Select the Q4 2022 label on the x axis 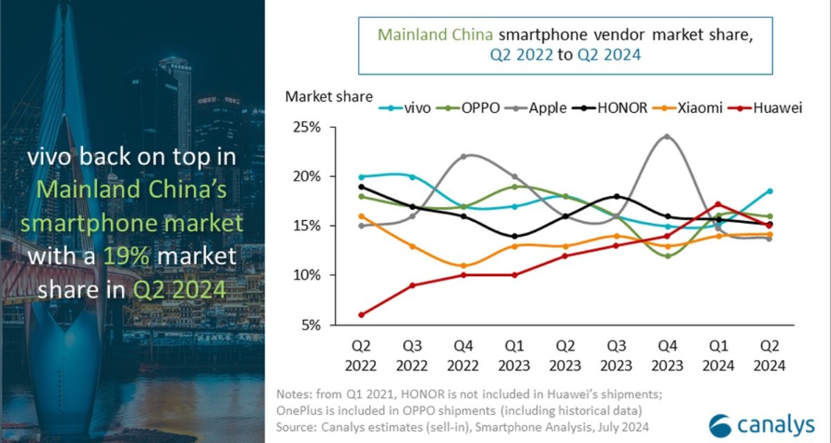coord(463,354)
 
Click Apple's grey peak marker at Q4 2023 coord(667,136)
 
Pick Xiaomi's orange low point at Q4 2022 coord(463,266)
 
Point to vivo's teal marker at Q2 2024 coord(769,191)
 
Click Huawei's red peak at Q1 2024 coord(718,204)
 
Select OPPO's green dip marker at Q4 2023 coord(667,256)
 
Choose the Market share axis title coord(329,96)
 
